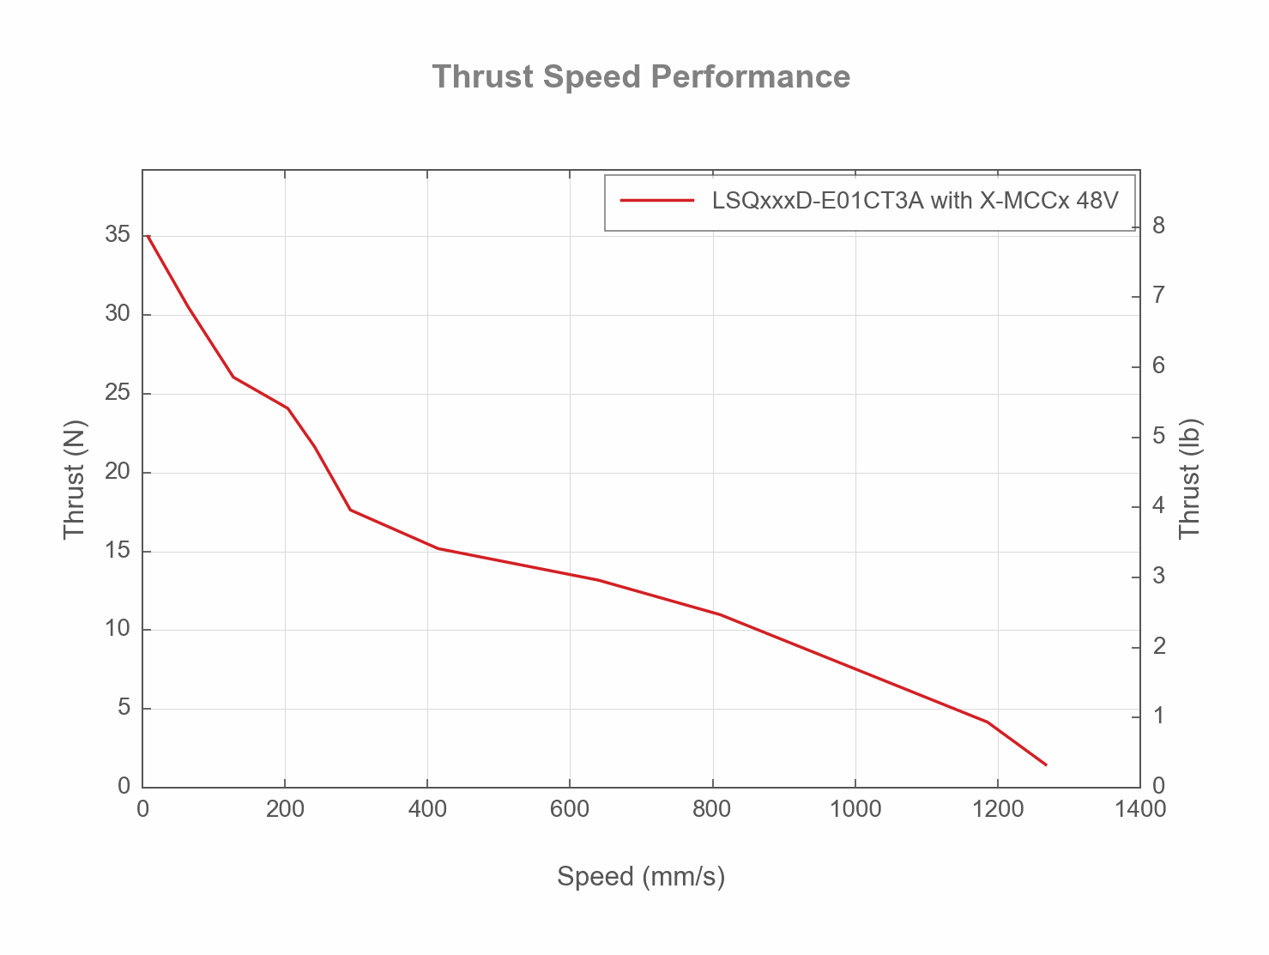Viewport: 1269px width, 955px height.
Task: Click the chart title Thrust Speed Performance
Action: [641, 76]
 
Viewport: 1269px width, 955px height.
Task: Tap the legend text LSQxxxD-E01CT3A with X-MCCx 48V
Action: [915, 201]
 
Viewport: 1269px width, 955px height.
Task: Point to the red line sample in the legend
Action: [656, 201]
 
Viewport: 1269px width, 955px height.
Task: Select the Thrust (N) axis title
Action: [76, 479]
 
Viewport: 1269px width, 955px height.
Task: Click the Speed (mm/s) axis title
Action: [641, 876]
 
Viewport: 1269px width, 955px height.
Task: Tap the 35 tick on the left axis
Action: [118, 235]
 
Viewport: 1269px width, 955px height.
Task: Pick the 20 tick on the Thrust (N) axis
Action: [118, 472]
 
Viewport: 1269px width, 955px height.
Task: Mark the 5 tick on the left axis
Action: [124, 708]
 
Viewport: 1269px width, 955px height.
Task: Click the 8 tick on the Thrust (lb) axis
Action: [1158, 226]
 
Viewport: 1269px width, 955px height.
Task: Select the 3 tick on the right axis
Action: [1158, 576]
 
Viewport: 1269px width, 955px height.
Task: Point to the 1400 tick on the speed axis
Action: [1139, 809]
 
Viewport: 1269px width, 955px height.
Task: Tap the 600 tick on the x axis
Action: [570, 809]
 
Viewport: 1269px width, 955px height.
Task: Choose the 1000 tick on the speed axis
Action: [855, 809]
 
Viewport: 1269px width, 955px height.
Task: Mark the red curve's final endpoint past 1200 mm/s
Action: [1046, 765]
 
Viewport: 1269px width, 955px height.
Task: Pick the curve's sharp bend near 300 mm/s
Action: [350, 510]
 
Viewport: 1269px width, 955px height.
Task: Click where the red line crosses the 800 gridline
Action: [712, 612]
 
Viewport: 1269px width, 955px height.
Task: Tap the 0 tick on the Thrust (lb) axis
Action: [1158, 786]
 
